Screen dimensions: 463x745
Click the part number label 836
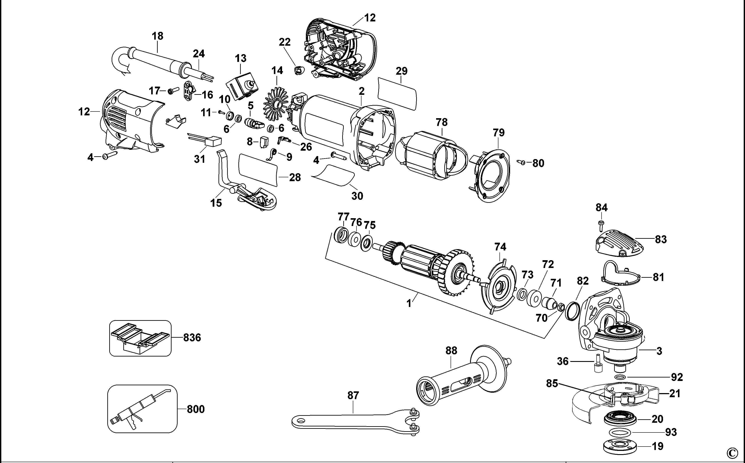192,338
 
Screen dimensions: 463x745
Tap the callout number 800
196,409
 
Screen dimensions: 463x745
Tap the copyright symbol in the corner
738,453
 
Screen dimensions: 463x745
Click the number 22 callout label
284,42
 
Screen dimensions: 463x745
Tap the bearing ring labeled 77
342,235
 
